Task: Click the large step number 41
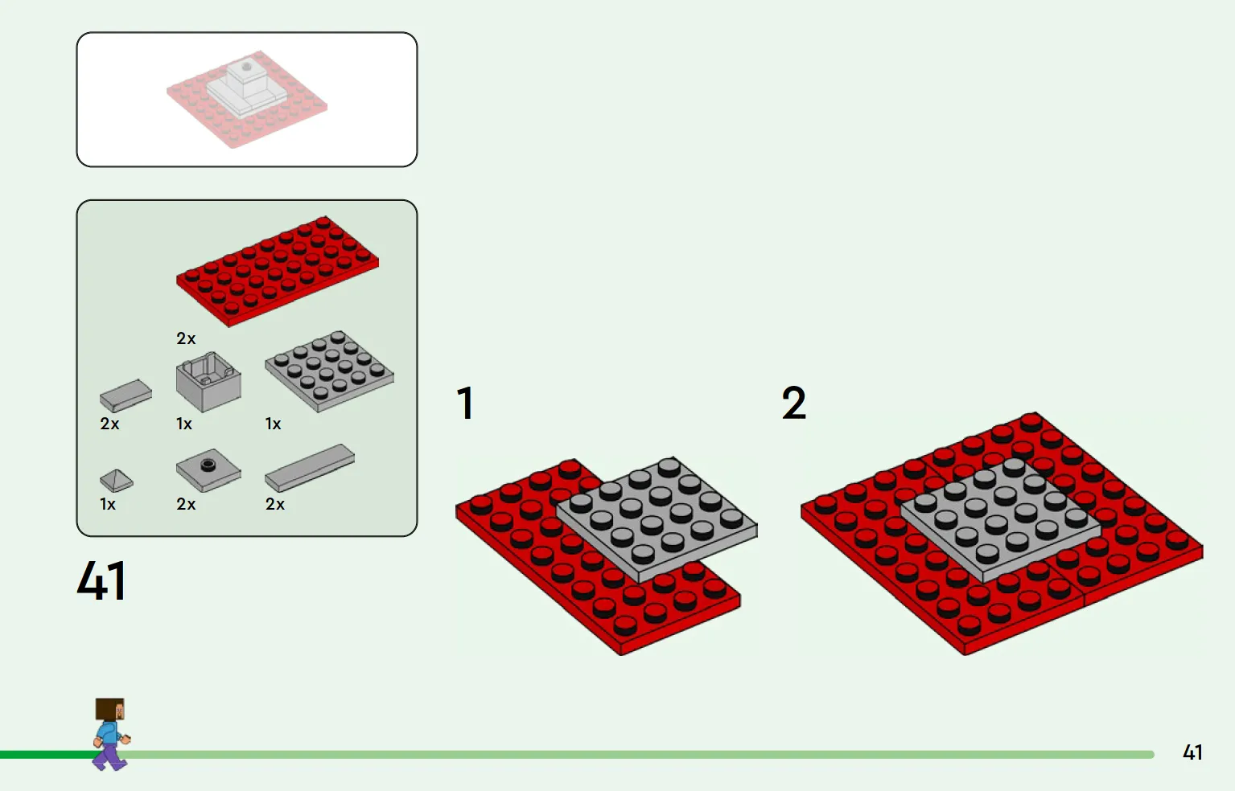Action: [x=102, y=580]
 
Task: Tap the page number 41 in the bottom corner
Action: [x=1192, y=752]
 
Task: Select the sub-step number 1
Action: [x=465, y=404]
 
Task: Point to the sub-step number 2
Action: [x=794, y=404]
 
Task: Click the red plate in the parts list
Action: [x=278, y=271]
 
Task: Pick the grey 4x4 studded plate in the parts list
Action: [x=329, y=371]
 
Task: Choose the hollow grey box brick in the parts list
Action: [x=208, y=382]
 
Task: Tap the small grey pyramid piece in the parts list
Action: [x=117, y=481]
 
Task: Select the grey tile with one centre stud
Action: [x=208, y=473]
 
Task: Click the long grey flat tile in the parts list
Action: [x=310, y=468]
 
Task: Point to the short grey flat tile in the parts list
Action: [x=126, y=395]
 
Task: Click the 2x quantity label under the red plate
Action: [x=186, y=338]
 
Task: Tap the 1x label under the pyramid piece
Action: [x=108, y=504]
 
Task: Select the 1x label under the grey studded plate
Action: [x=273, y=424]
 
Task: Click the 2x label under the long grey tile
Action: [x=274, y=504]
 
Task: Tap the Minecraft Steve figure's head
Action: [x=109, y=709]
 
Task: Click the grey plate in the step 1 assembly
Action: [x=657, y=518]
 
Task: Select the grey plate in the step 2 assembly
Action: [x=1001, y=518]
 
